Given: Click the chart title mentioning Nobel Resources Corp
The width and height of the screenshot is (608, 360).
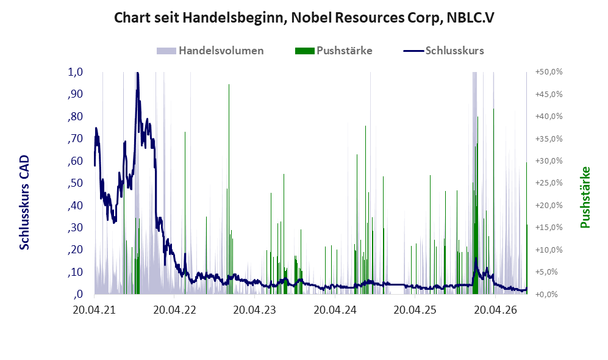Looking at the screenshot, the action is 304,18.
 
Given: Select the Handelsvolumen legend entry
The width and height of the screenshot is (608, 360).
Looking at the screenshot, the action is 210,51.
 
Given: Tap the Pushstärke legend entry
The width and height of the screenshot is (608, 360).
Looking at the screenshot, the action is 334,51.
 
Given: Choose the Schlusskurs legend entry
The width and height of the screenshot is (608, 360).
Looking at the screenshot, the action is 443,51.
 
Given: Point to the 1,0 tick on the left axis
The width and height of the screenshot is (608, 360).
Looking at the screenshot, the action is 75,72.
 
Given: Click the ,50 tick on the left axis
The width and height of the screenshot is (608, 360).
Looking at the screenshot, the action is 75,182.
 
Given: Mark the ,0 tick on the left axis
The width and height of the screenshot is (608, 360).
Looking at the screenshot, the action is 77,294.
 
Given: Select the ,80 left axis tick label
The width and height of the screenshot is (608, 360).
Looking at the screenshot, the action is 75,117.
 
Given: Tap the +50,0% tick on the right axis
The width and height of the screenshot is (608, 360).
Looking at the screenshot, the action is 549,72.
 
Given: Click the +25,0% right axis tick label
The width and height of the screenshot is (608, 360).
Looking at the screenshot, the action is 549,182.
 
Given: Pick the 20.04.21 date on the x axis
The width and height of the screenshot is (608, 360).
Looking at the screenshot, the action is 95,310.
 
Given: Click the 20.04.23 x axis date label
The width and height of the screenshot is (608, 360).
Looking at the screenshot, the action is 255,310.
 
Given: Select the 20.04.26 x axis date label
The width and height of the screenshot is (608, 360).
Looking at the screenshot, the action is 496,310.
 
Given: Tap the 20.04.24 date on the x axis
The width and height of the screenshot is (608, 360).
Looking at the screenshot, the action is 335,310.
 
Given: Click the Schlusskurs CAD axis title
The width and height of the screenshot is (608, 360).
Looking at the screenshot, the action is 24,203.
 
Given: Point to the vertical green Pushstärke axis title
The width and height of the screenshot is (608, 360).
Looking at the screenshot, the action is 585,198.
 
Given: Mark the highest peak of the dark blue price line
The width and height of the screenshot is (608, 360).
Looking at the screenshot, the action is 137,73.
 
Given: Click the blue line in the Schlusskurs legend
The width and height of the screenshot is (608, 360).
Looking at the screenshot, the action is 413,51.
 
